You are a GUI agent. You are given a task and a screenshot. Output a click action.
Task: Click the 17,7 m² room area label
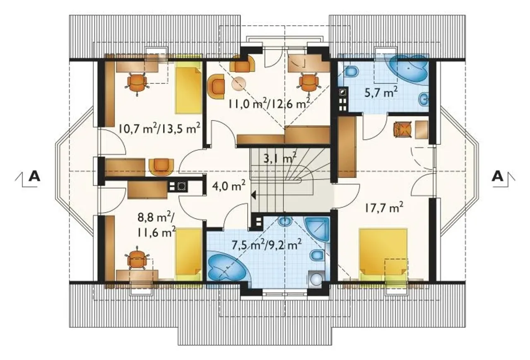383,209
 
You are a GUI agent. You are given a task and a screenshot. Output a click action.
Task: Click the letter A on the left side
34,176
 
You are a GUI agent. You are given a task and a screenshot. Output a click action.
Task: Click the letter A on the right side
498,176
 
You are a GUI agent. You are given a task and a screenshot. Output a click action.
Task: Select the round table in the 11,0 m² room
238,84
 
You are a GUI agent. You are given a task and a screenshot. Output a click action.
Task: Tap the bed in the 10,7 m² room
188,90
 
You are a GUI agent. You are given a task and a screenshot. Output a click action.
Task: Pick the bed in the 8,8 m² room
188,254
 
